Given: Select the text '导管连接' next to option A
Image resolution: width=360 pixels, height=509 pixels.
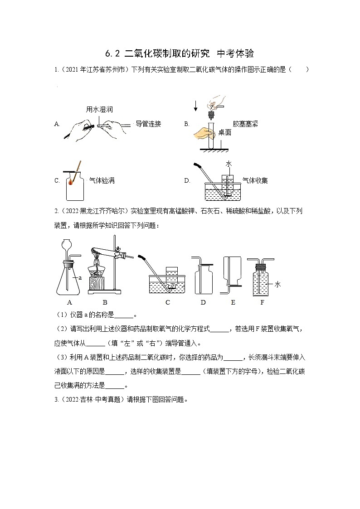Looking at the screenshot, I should pyautogui.click(x=148, y=124).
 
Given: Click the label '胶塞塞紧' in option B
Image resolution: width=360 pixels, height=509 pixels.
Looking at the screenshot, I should pyautogui.click(x=245, y=124).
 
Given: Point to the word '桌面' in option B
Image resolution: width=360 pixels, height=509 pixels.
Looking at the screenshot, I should pyautogui.click(x=225, y=133).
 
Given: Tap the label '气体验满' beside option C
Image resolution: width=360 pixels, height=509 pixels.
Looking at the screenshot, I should pyautogui.click(x=102, y=180).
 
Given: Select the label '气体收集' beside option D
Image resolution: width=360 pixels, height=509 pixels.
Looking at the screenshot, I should pyautogui.click(x=255, y=180).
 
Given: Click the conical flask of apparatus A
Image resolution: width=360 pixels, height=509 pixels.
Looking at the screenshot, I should pyautogui.click(x=70, y=281).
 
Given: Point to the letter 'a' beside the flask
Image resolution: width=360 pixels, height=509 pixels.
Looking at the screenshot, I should pyautogui.click(x=80, y=277).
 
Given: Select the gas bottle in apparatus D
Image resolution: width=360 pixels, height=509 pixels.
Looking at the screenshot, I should pyautogui.click(x=203, y=283).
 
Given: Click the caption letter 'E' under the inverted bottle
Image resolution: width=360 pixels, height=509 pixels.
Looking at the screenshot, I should pyautogui.click(x=233, y=302).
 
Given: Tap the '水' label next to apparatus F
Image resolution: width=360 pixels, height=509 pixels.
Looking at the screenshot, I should pyautogui.click(x=277, y=284).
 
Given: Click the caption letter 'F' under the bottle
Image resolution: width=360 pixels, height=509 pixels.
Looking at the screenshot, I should pyautogui.click(x=262, y=302).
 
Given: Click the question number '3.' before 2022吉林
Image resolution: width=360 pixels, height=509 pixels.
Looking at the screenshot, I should pyautogui.click(x=57, y=400).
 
